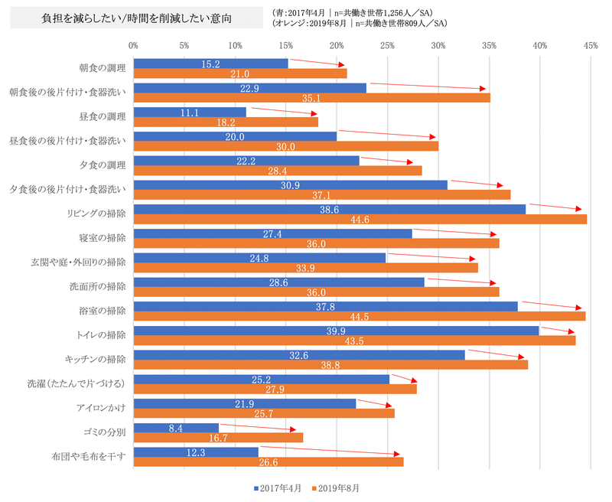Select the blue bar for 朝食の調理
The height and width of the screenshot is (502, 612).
click(x=210, y=64)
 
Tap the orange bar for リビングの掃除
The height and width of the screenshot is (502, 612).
click(x=360, y=220)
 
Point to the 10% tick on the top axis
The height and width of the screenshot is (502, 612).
click(x=236, y=46)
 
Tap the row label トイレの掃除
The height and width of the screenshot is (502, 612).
click(x=101, y=335)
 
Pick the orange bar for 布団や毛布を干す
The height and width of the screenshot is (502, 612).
click(x=268, y=461)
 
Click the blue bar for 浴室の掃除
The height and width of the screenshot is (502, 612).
click(x=325, y=306)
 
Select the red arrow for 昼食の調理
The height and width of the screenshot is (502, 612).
click(x=283, y=112)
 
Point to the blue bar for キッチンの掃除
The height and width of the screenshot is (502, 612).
click(x=298, y=354)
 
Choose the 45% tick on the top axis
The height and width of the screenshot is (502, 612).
click(x=591, y=46)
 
